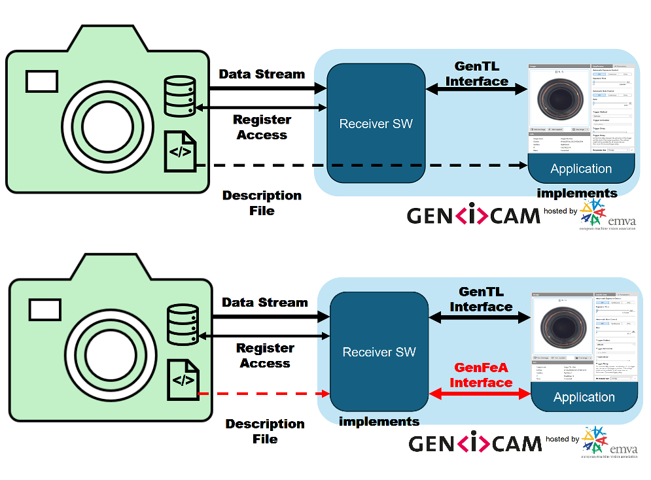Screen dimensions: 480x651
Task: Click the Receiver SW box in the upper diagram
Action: [376, 123]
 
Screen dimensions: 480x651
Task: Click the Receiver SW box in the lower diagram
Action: [379, 352]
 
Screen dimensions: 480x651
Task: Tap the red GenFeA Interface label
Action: [481, 375]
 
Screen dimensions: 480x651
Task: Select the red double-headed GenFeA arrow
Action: [481, 394]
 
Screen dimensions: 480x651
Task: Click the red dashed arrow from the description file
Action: [262, 394]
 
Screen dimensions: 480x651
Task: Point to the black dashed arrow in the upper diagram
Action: [360, 165]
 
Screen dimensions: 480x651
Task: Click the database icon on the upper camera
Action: [180, 95]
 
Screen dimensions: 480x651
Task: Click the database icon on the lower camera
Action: [183, 324]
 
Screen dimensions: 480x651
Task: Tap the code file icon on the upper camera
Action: [180, 151]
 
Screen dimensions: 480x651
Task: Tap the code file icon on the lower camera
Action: [183, 379]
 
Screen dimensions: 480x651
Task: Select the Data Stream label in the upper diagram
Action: [262, 74]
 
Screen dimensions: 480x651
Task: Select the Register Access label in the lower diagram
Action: [265, 356]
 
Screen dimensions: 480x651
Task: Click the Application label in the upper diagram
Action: [581, 169]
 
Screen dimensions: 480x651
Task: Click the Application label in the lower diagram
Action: [584, 397]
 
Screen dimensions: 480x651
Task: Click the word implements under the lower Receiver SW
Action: [379, 422]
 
